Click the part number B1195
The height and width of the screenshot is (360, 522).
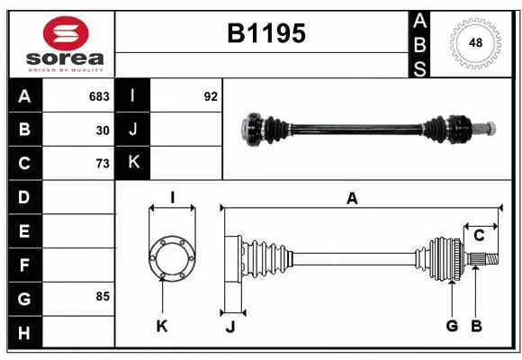coord(265,33)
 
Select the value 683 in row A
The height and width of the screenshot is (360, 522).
coord(99,96)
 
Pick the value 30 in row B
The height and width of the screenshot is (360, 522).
coord(103,130)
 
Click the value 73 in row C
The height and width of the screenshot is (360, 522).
coord(103,163)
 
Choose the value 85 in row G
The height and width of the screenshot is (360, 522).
coord(103,296)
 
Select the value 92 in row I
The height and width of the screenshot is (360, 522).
coord(211,96)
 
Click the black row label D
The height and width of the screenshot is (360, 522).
coord(24,197)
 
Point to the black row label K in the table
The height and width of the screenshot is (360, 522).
coord(132,163)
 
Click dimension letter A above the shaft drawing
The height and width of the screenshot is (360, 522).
coord(352,199)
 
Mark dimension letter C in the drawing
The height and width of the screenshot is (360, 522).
coord(479,236)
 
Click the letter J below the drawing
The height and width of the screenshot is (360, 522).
coord(230,327)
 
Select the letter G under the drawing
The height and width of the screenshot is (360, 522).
coord(452,326)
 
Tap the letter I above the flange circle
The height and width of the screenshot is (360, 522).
coord(172,198)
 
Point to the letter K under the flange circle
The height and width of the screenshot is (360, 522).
coord(162,326)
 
